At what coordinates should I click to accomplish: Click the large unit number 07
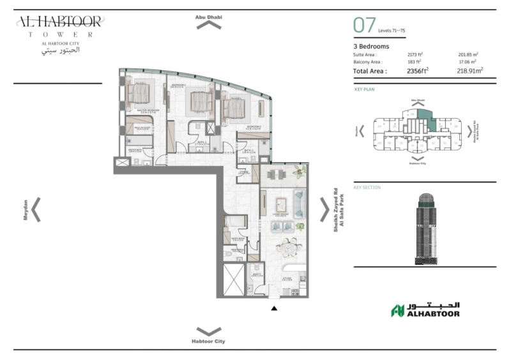[364, 26]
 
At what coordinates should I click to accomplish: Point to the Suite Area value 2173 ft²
[415, 55]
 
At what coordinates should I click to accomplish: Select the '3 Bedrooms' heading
[371, 46]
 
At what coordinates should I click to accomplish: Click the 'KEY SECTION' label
[367, 188]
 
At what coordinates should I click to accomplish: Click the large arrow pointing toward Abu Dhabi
[209, 25]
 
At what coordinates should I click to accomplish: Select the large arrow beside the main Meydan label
[36, 209]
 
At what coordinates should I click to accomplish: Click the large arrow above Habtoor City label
[209, 331]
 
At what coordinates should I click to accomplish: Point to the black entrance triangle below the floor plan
[274, 308]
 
